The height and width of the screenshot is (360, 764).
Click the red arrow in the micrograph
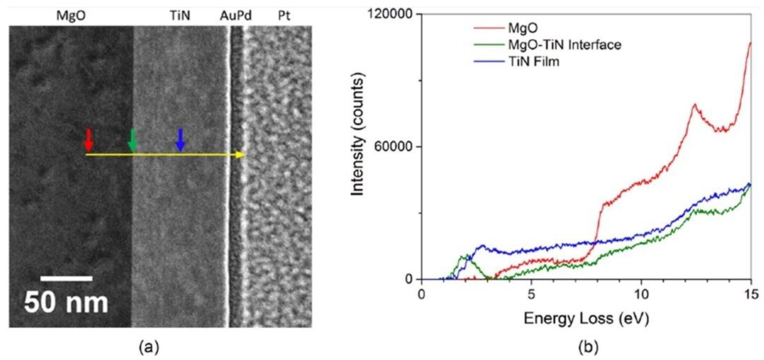point(89,140)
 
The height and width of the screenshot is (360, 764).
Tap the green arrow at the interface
point(133,140)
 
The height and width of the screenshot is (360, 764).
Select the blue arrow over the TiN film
point(180,140)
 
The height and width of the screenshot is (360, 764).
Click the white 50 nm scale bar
point(66,278)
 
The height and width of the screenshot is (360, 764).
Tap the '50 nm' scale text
point(66,303)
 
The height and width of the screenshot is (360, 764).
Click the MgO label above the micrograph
point(71,15)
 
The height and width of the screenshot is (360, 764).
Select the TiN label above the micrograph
point(180,15)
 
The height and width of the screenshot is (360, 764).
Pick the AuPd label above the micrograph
point(236,15)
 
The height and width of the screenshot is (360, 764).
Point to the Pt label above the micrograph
point(284,15)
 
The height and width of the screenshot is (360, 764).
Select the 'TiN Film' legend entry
point(534,62)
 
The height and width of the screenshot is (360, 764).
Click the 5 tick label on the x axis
point(531,294)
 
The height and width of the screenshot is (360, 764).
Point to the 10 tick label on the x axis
point(641,294)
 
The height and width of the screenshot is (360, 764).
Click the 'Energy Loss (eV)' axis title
point(586,319)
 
